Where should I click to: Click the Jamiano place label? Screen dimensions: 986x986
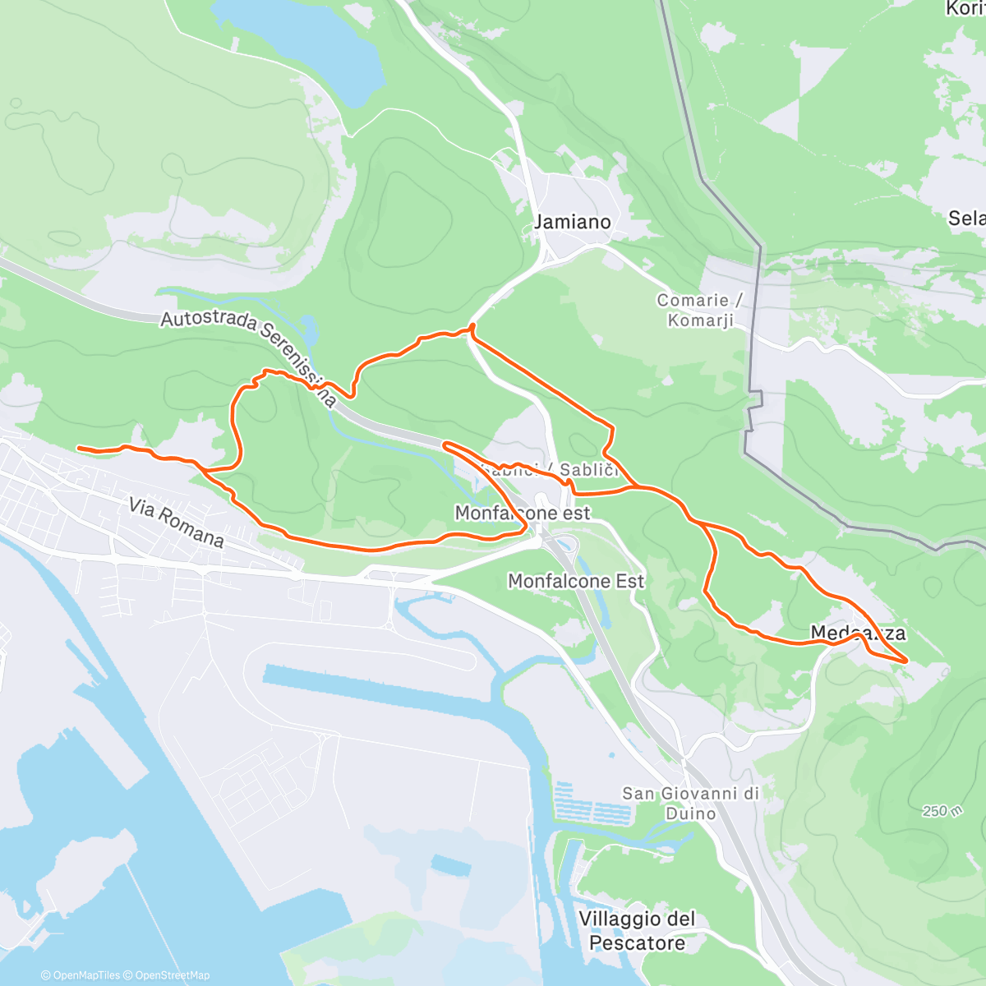pyautogui.click(x=573, y=222)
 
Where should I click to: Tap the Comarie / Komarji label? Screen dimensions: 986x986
pyautogui.click(x=700, y=311)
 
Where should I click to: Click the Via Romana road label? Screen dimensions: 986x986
pyautogui.click(x=176, y=522)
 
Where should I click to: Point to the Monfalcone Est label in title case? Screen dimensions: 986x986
pyautogui.click(x=576, y=581)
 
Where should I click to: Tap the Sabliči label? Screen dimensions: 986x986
pyautogui.click(x=587, y=470)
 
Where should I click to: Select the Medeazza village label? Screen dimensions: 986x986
pyautogui.click(x=858, y=633)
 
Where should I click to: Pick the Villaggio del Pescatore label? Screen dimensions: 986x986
pyautogui.click(x=637, y=931)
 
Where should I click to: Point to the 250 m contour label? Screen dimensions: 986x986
pyautogui.click(x=942, y=811)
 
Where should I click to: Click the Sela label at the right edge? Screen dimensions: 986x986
pyautogui.click(x=966, y=218)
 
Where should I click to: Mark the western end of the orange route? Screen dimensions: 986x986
pyautogui.click(x=79, y=448)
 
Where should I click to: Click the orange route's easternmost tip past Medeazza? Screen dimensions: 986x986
pyautogui.click(x=906, y=660)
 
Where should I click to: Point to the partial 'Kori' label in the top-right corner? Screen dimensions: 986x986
pyautogui.click(x=965, y=9)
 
